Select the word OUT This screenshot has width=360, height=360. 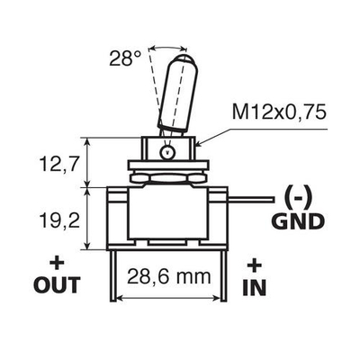58,286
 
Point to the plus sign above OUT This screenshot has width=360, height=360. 58,265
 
